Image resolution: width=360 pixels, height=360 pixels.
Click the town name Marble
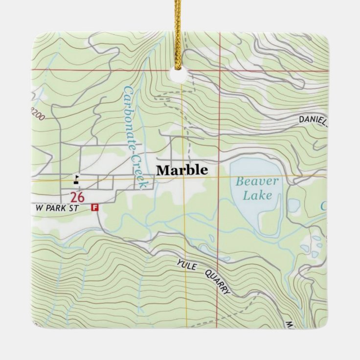click(182, 170)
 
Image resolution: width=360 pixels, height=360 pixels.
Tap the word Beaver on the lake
click(257, 181)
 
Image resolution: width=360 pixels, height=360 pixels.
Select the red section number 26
click(76, 198)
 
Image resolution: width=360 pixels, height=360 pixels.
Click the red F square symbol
click(95, 207)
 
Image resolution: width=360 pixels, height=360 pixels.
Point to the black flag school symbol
click(76, 179)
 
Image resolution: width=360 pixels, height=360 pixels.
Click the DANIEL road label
click(313, 120)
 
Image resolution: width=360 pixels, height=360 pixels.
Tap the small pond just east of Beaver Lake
click(293, 205)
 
